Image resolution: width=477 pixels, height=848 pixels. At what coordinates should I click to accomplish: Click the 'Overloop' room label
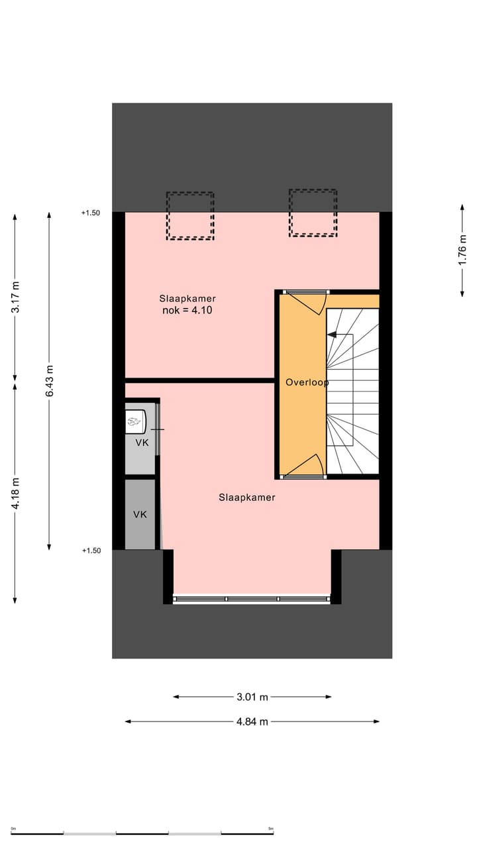point(307,382)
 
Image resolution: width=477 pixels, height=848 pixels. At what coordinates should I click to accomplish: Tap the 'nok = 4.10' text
point(187,310)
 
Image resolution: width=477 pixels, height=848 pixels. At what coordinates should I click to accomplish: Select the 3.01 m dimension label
point(252,697)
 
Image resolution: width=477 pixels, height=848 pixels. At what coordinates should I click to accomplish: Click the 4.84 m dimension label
point(252,721)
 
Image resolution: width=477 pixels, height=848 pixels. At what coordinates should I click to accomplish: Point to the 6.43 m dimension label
point(50,381)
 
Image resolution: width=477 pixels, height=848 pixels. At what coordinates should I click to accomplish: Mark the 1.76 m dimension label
point(462,250)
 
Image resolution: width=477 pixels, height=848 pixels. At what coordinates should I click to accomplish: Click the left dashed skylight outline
point(190,216)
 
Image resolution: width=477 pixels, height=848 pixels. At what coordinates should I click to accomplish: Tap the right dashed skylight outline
point(313,213)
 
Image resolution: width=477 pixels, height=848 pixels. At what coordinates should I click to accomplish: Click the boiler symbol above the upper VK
point(135,420)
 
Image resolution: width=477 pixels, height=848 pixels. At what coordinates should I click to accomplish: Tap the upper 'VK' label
point(142,443)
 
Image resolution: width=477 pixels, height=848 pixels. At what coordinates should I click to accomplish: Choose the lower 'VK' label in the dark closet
point(140,514)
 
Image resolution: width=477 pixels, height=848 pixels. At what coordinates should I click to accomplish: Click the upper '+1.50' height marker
point(91,213)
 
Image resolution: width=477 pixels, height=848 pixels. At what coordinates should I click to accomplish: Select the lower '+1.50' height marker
point(91,551)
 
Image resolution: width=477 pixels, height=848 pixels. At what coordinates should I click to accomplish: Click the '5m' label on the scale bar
point(270,829)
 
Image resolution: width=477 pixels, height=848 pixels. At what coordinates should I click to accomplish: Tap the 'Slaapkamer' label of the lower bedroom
point(247,498)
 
